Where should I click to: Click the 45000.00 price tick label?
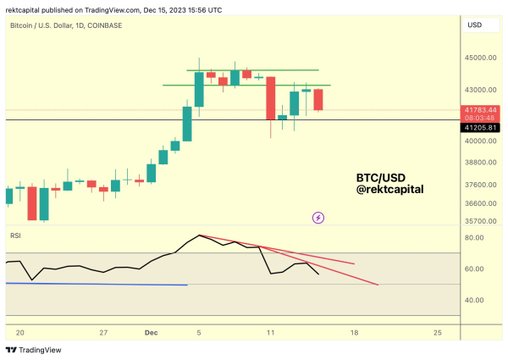tap(479, 58)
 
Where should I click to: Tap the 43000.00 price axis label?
tap(479, 90)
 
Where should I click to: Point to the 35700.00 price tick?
tap(479, 221)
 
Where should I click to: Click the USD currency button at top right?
tap(474, 25)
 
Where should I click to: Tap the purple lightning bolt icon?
tap(318, 218)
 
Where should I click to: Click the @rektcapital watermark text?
tap(389, 189)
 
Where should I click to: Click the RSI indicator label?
tap(15, 235)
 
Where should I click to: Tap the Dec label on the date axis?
tap(146, 333)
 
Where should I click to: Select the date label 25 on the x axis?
tap(436, 333)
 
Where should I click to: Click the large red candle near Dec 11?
tap(271, 97)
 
